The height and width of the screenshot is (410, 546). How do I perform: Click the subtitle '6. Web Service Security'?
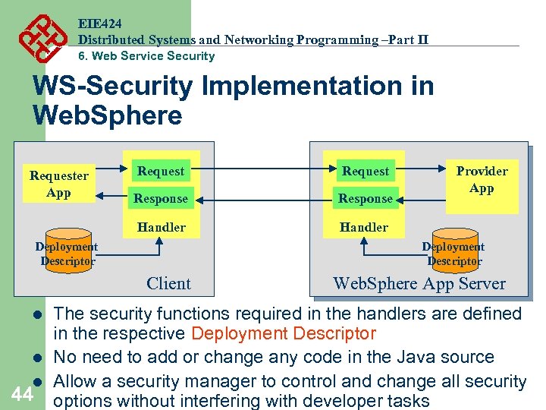pos(147,55)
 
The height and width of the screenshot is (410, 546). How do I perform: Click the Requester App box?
pos(58,184)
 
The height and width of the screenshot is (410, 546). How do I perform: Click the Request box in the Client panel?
pos(160,171)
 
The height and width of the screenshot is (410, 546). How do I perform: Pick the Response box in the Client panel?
pos(160,198)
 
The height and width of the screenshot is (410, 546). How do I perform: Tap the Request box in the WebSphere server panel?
pos(365,171)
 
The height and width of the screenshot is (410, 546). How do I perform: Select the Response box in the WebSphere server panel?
pos(365,198)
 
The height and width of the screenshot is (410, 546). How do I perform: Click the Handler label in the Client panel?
pos(161,227)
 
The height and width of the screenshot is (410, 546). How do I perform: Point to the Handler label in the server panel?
pos(364,227)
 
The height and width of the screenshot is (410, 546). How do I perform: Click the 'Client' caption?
pos(168,283)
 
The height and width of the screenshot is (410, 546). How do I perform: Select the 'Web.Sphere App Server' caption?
pos(419,283)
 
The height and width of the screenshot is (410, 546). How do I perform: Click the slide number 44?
pos(22,393)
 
